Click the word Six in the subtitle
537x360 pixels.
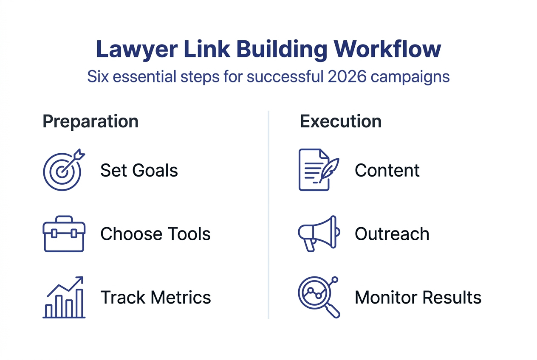coord(98,77)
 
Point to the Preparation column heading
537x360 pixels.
coord(90,121)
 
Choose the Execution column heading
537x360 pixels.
coord(341,121)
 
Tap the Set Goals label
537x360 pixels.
coord(139,171)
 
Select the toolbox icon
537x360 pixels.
coord(64,233)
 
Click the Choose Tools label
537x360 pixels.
coord(155,234)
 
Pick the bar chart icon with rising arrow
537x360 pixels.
coord(64,297)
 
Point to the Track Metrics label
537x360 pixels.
coord(155,298)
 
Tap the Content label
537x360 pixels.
coord(387,171)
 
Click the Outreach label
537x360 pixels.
coord(392,234)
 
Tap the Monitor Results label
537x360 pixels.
coord(418,298)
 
